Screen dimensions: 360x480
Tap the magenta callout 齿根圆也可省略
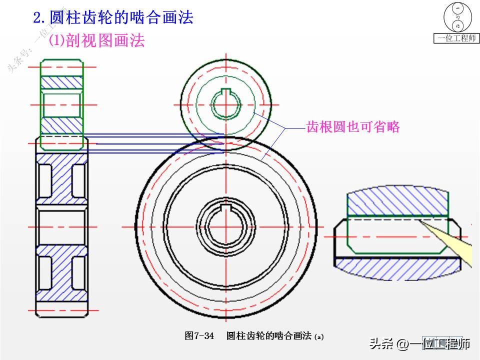(353, 127)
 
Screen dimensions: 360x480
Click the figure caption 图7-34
(199, 335)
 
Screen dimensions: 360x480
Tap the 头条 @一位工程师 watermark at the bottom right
(420, 343)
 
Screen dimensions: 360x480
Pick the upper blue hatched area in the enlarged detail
(397, 201)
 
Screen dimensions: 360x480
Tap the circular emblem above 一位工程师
(457, 17)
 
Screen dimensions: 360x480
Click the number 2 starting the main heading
(37, 18)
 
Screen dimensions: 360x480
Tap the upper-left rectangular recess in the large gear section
(44, 178)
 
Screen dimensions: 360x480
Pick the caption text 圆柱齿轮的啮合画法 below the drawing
(269, 335)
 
